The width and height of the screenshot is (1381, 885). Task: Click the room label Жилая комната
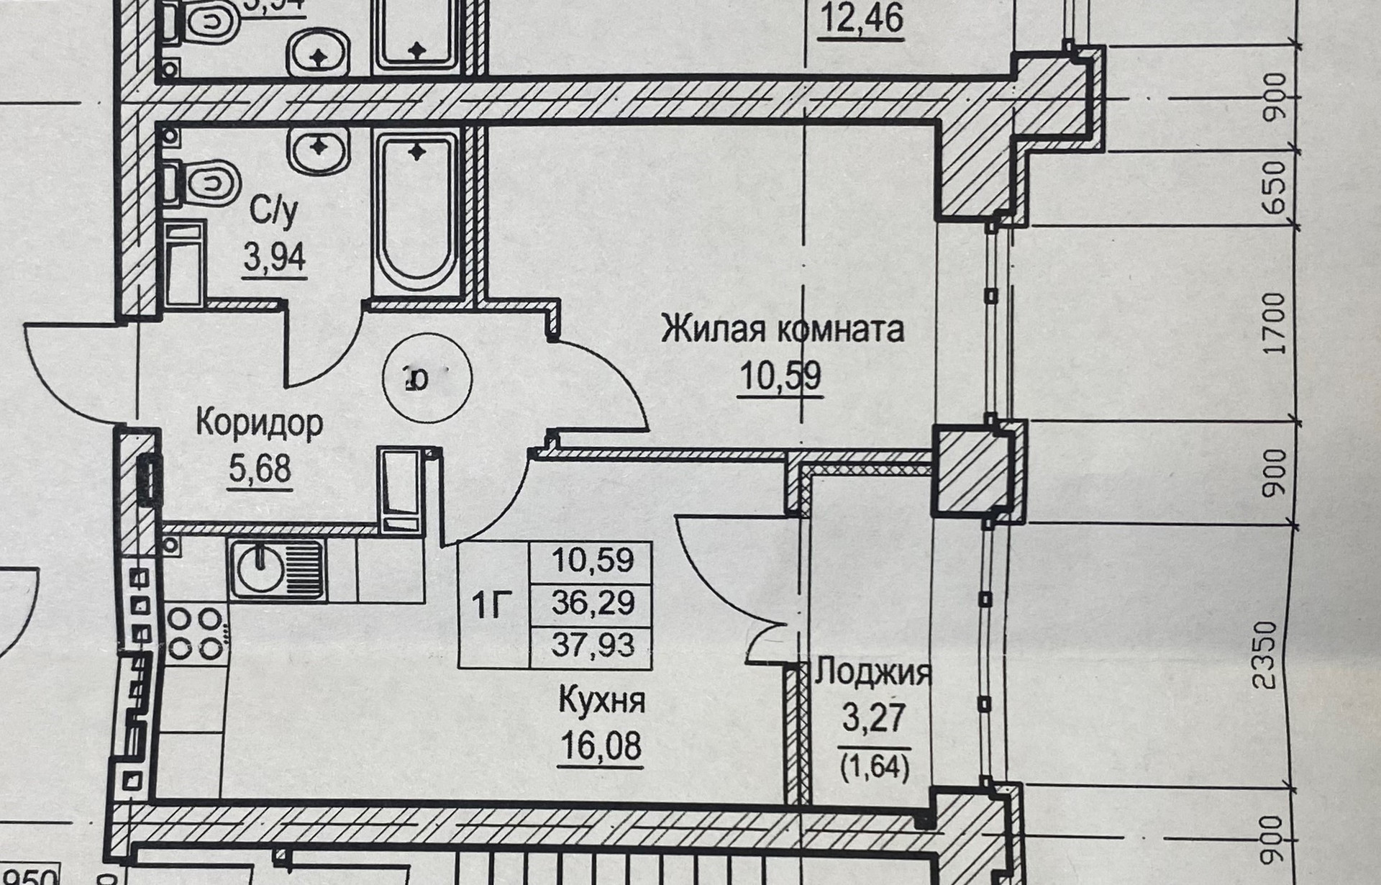click(782, 330)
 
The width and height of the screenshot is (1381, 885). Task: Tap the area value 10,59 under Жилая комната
click(780, 376)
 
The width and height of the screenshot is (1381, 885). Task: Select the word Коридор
click(259, 423)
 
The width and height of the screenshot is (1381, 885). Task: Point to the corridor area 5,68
click(260, 469)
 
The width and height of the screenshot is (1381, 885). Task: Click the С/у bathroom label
click(274, 212)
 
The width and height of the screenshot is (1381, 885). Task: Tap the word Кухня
click(601, 700)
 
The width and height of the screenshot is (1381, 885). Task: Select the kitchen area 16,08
click(601, 745)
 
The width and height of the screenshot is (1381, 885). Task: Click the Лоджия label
click(873, 673)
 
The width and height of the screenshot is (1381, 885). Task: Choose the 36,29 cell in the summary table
click(593, 603)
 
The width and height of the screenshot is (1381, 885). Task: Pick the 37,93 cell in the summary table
click(593, 645)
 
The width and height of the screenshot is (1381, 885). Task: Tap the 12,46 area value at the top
click(862, 19)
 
